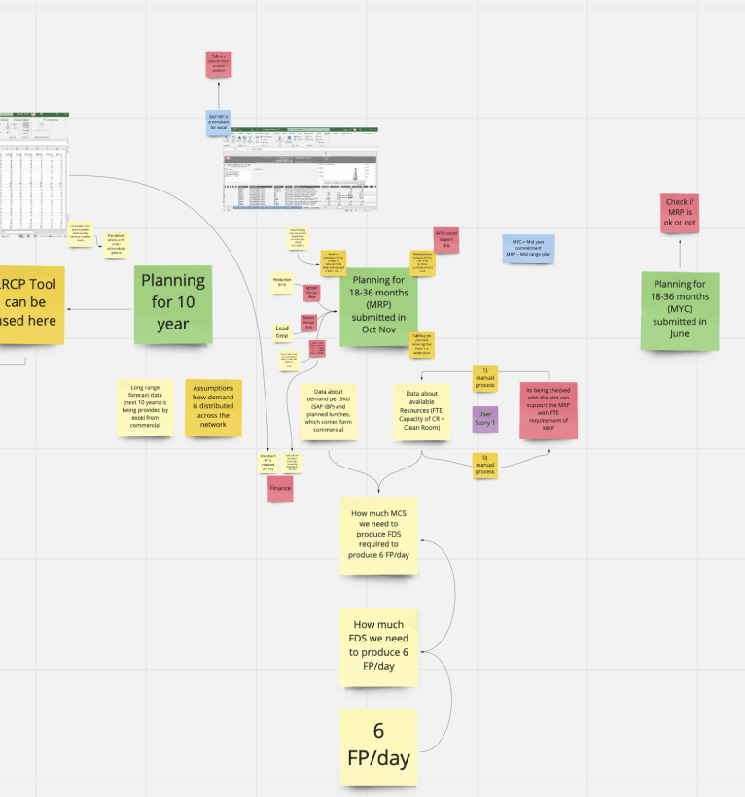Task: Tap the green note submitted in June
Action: point(680,311)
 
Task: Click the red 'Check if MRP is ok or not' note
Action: point(680,214)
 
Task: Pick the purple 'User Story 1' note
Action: point(485,419)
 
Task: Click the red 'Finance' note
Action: point(280,488)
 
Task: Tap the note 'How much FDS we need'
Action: point(378,645)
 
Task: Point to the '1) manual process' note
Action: point(485,378)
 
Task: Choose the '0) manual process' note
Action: point(485,465)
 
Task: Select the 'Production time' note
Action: point(282,283)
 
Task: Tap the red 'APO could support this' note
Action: point(446,240)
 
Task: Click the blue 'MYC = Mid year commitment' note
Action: point(528,248)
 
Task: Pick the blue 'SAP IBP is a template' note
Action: point(218,122)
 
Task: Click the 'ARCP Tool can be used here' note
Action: point(29,304)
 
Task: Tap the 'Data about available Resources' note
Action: point(422,412)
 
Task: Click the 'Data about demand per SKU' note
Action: point(330,412)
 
